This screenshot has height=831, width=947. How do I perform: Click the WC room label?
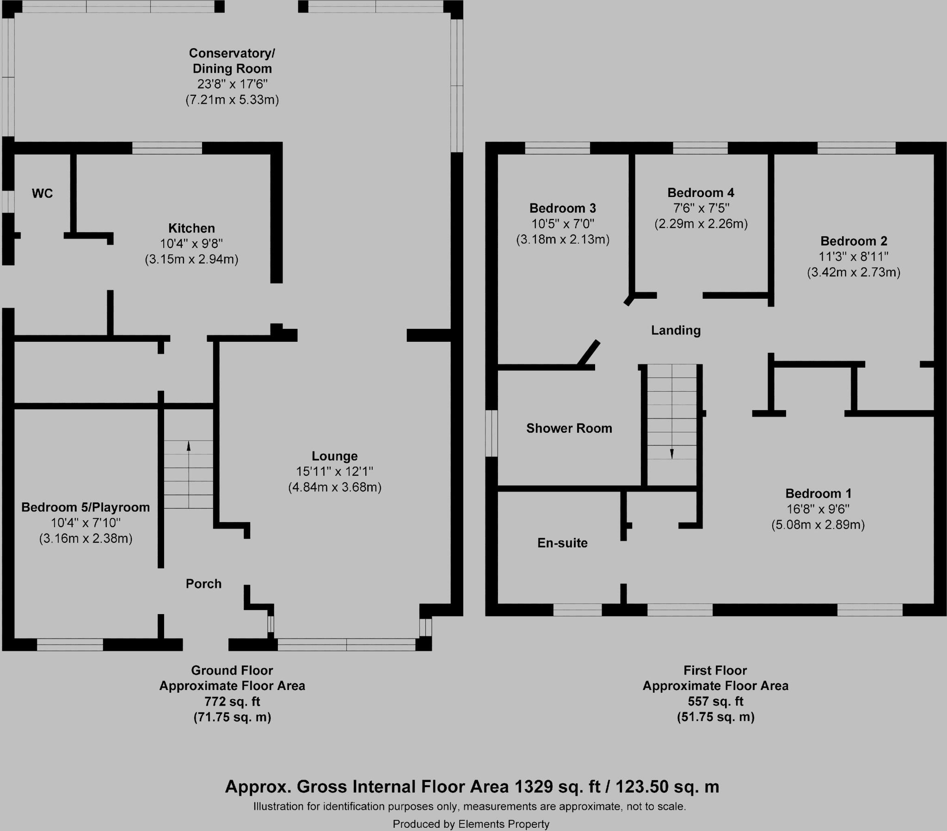[42, 193]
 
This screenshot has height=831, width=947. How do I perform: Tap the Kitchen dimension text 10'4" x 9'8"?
[191, 244]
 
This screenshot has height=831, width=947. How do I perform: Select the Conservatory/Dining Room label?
[232, 61]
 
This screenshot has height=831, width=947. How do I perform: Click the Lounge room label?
[334, 456]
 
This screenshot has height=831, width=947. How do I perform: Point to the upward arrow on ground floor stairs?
[189, 446]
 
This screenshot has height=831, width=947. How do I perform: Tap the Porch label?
[203, 584]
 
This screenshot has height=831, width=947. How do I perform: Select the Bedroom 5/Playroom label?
[86, 507]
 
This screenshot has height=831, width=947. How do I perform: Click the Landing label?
[676, 331]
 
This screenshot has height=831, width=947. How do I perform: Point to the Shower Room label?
[569, 428]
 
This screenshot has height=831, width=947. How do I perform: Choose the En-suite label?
[562, 543]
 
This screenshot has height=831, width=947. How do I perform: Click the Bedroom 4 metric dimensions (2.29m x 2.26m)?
[701, 224]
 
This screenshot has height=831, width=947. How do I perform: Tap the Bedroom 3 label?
[562, 208]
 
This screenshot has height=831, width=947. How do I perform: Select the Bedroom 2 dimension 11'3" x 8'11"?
[854, 256]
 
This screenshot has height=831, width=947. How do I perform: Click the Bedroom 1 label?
[818, 493]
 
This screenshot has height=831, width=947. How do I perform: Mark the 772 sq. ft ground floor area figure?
[232, 701]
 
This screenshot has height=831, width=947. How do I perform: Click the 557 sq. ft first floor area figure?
[715, 701]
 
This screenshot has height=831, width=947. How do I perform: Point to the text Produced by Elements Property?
[471, 824]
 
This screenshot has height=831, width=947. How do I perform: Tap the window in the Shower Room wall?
[491, 433]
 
